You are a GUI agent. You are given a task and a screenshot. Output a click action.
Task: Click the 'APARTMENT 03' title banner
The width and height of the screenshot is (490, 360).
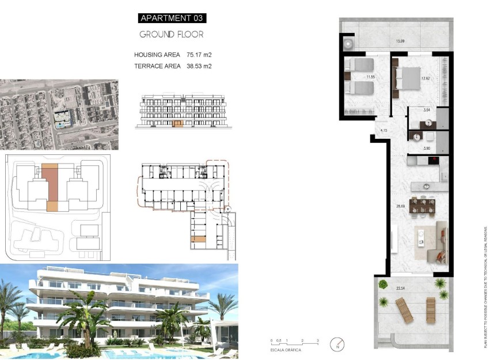171,18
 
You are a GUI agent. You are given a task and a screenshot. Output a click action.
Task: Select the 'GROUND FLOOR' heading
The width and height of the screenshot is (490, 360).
171,35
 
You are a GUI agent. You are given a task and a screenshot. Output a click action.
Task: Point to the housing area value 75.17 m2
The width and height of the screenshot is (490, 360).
199,55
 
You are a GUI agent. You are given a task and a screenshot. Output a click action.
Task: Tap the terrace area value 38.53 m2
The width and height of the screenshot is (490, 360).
199,66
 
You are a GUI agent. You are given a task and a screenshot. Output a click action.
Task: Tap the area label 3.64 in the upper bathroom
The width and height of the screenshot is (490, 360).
427,109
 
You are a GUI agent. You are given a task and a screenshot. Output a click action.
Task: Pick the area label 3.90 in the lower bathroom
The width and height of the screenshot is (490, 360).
427,149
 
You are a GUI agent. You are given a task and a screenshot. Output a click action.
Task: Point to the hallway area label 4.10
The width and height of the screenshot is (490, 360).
384,131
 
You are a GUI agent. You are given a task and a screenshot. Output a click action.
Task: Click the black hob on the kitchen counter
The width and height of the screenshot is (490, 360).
435,161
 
